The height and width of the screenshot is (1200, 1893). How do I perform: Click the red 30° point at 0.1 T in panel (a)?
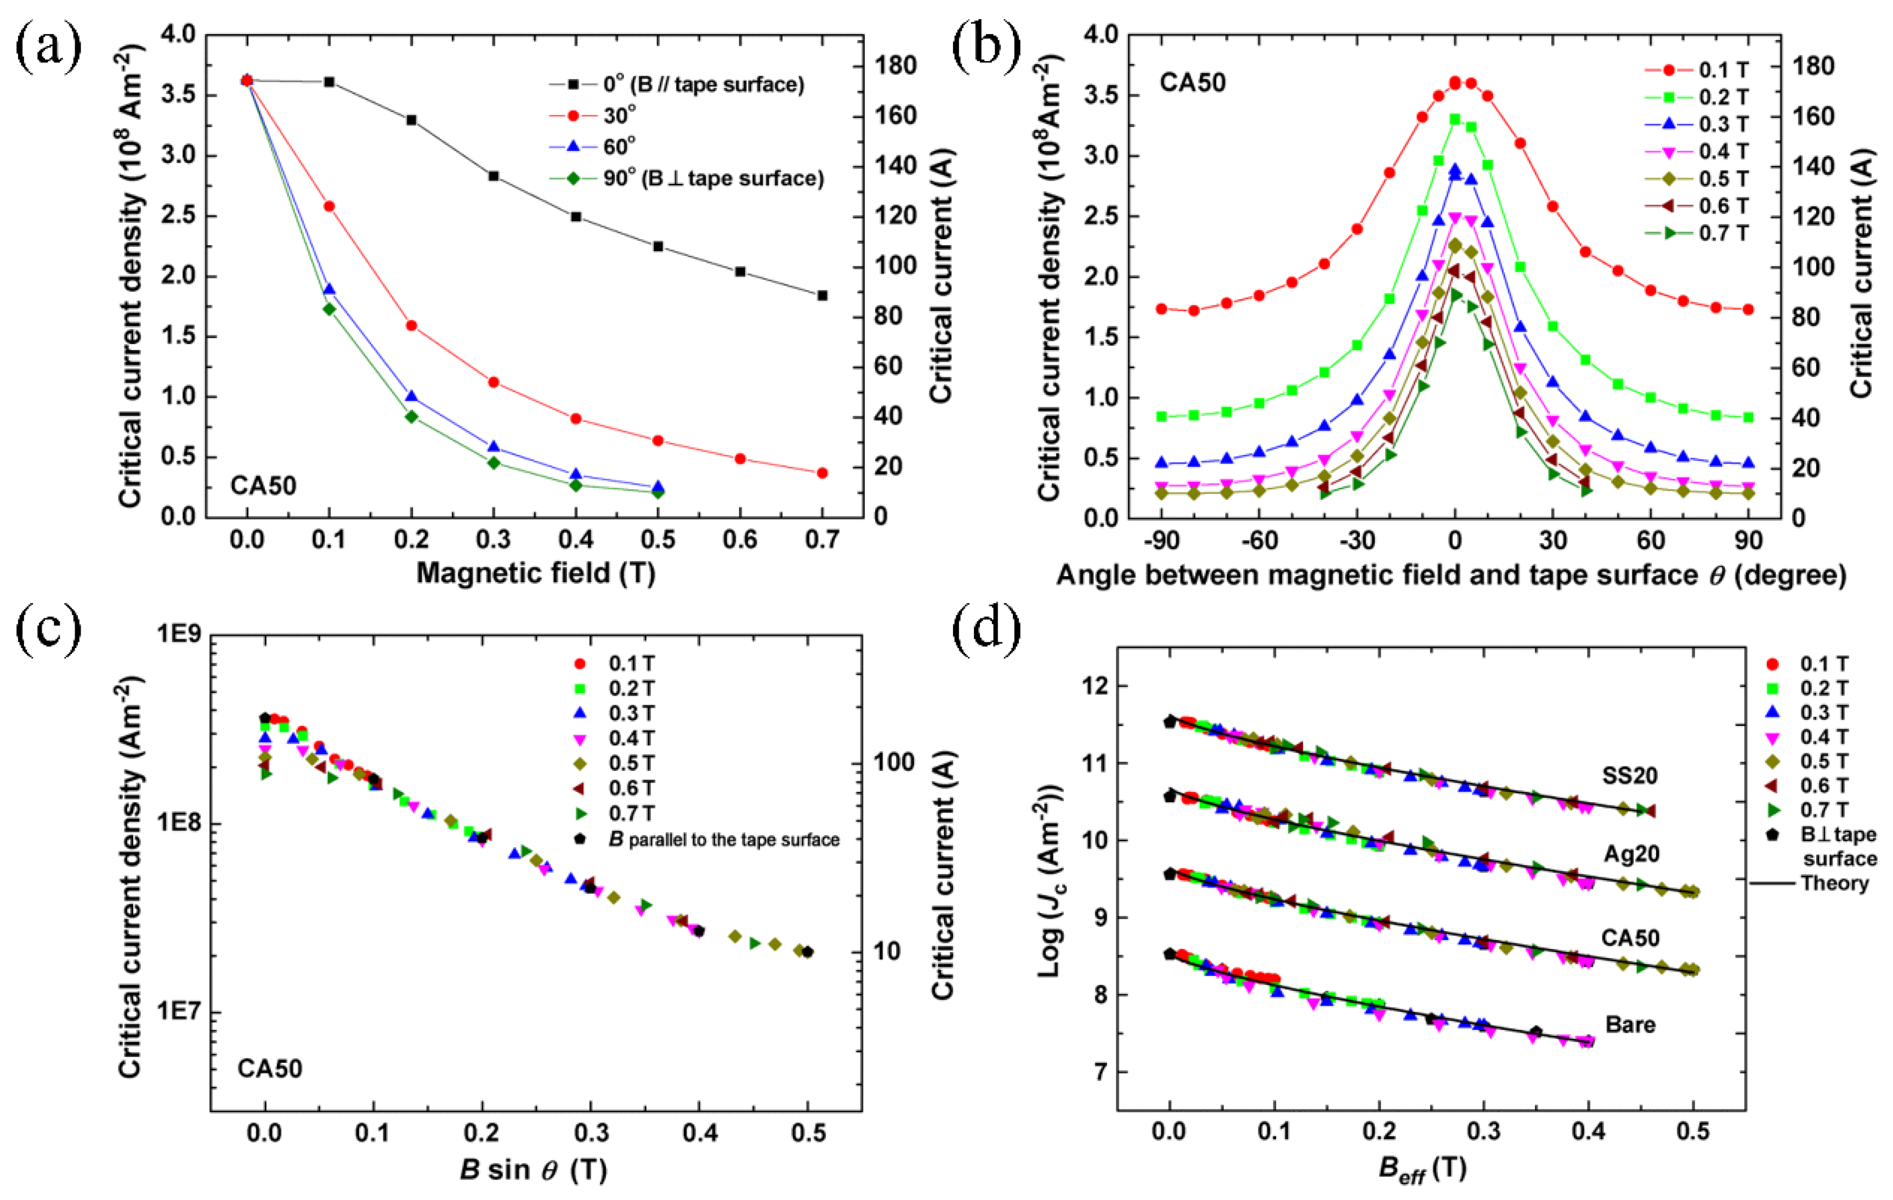click(x=330, y=206)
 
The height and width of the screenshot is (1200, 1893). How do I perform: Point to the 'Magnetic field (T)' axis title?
click(x=535, y=572)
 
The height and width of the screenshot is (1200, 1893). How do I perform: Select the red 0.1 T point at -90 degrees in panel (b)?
click(x=1161, y=309)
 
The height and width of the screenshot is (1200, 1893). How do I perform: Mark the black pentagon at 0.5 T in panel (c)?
click(x=807, y=951)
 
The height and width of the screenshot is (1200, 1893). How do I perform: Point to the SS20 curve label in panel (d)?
click(x=1630, y=776)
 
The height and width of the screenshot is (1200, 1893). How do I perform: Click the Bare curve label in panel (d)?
click(x=1630, y=1024)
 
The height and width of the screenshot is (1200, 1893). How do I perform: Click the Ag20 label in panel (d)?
click(x=1631, y=853)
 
